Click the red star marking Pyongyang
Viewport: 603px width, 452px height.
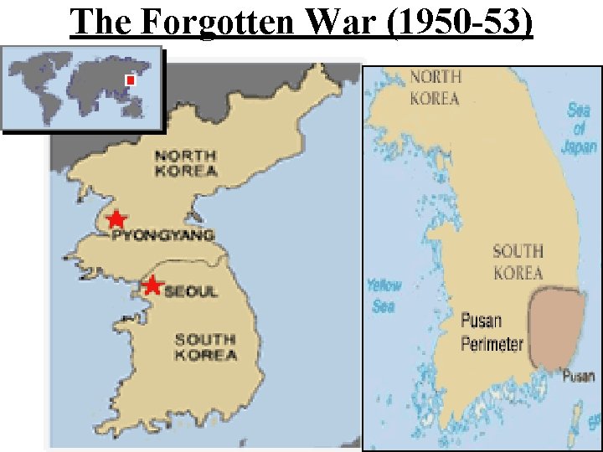pyautogui.click(x=116, y=219)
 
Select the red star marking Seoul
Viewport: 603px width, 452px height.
pyautogui.click(x=152, y=285)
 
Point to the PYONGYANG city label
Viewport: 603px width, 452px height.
pyautogui.click(x=162, y=236)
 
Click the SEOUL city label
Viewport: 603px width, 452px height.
pyautogui.click(x=191, y=291)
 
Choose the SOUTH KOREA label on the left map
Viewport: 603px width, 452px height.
pyautogui.click(x=205, y=347)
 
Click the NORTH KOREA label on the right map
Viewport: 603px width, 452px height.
pyautogui.click(x=435, y=88)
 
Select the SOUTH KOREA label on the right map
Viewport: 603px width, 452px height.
pyautogui.click(x=518, y=261)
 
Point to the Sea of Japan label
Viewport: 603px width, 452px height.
pyautogui.click(x=578, y=130)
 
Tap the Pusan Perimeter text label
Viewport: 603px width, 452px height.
pyautogui.click(x=492, y=332)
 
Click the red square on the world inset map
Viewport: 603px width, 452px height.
pyautogui.click(x=130, y=80)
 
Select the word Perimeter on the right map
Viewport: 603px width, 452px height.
pyautogui.click(x=492, y=343)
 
